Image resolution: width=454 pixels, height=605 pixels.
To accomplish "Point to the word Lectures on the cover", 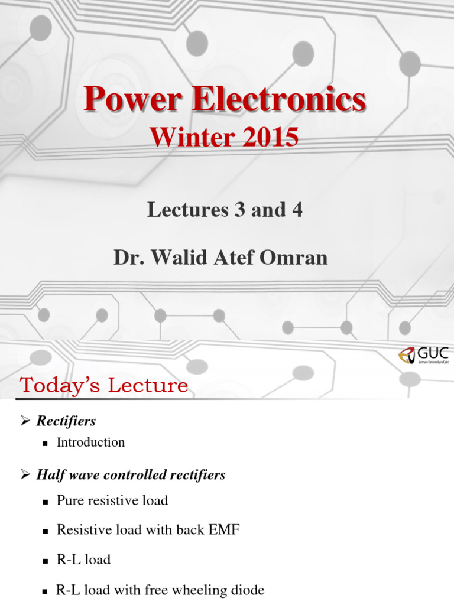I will coord(183,210).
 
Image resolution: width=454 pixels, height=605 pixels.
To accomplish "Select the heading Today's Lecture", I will coord(104,386).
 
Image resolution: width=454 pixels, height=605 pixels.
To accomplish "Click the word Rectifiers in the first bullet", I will coord(66,421).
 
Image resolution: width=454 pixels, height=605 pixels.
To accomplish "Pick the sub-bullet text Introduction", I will coord(90,442).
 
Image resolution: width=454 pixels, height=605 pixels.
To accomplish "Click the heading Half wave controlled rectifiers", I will coord(131,474).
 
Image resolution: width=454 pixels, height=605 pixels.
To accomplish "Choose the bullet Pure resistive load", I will coord(112,500).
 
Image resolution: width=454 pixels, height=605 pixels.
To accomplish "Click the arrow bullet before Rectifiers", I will coord(25,421).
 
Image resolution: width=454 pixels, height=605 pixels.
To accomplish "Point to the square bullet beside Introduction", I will coord(46,443).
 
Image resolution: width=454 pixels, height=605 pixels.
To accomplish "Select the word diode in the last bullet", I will coord(246,590).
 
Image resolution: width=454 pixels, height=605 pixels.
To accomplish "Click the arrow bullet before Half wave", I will coord(25,474).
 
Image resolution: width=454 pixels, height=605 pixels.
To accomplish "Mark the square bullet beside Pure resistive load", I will coord(46,502).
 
